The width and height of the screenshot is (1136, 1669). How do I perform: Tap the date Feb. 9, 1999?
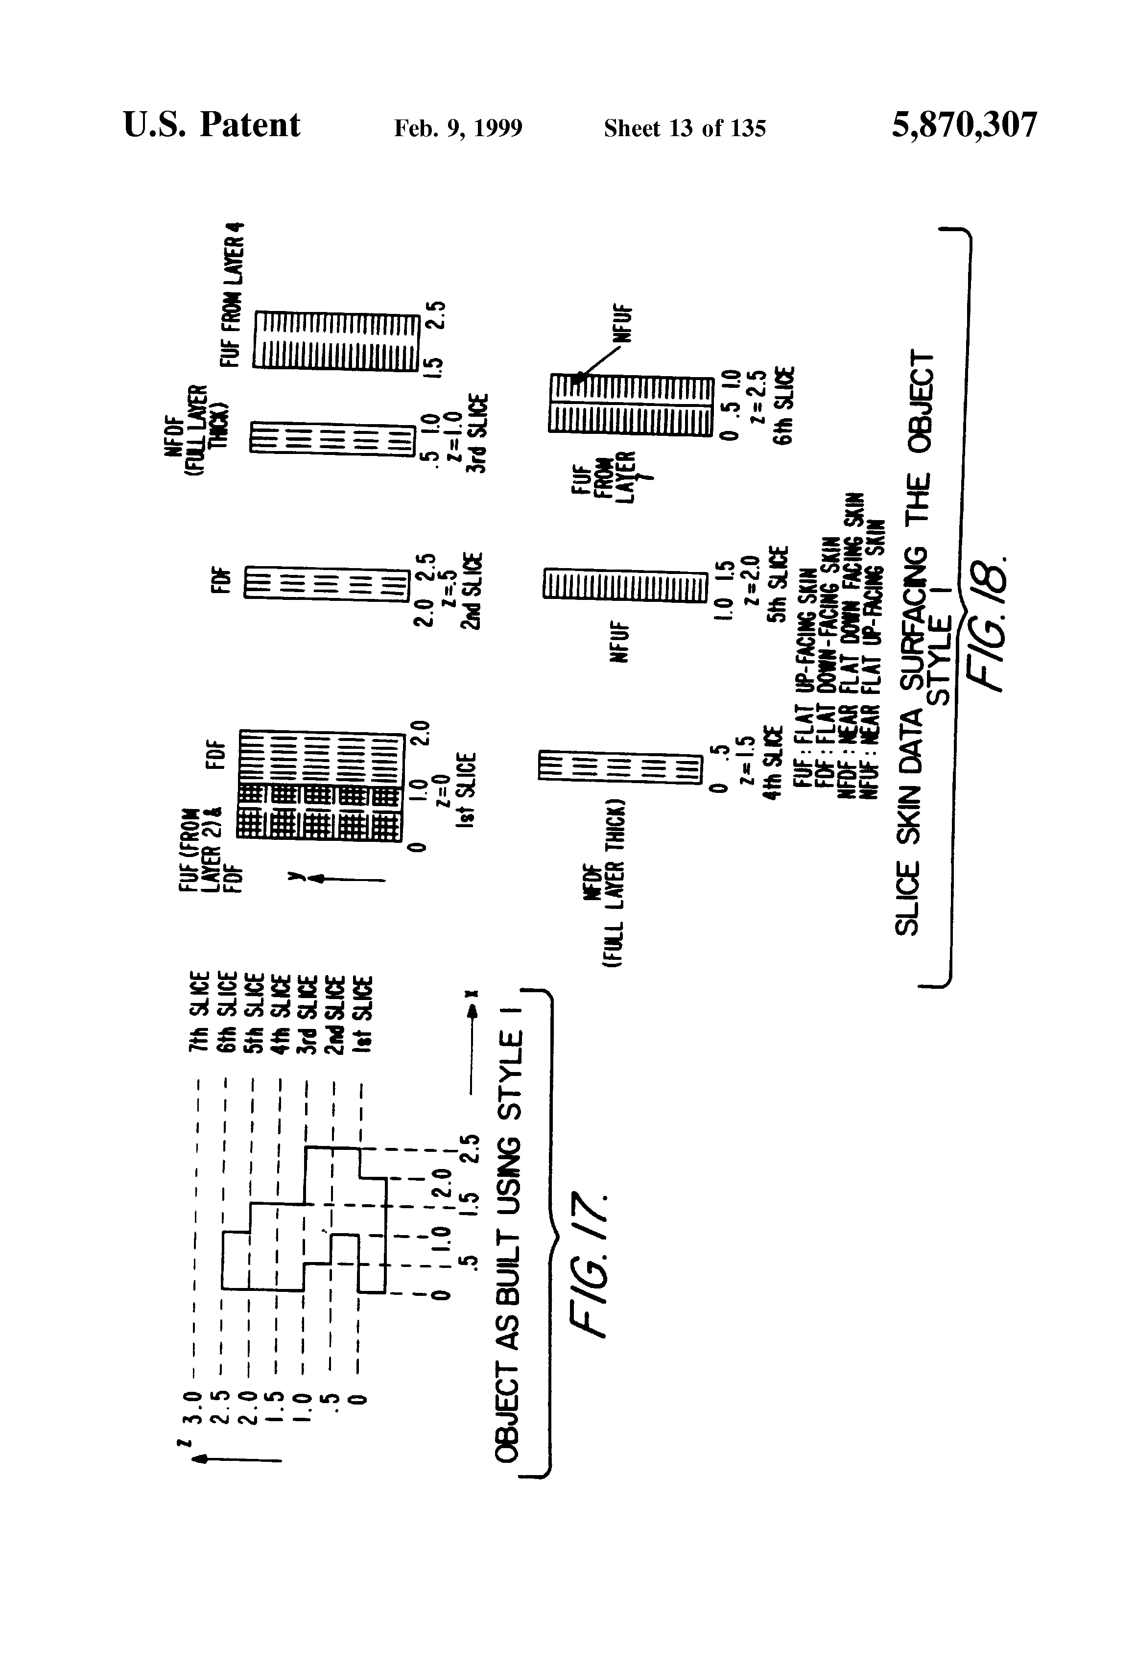click(x=458, y=128)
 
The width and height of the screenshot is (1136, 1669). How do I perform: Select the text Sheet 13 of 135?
click(x=685, y=128)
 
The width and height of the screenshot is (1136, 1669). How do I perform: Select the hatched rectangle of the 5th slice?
click(x=622, y=585)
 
